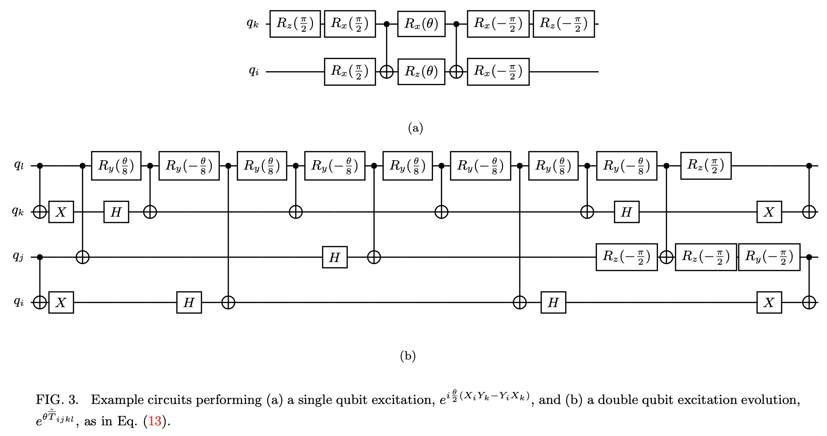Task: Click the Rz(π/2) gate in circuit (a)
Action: pos(295,24)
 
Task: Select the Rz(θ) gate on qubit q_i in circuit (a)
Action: pos(421,72)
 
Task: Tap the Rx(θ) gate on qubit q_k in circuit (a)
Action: pos(421,24)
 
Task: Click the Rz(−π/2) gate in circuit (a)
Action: pos(563,24)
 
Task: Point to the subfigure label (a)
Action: pos(416,128)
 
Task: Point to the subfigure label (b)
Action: pos(408,356)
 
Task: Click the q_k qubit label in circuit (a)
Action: pos(253,23)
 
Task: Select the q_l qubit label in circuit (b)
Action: pos(19,165)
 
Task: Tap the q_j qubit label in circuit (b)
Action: pos(18,256)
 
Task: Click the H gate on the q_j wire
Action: pos(335,257)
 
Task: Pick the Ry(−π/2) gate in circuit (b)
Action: pos(769,257)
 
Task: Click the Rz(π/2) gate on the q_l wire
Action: pos(706,166)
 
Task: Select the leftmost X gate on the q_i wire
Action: pos(61,302)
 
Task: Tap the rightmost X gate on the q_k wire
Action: pos(769,212)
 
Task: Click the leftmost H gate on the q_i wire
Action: pos(189,302)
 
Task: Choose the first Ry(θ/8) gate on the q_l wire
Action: pos(116,166)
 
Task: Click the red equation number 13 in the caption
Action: pos(155,421)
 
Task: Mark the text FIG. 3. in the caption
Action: pos(57,400)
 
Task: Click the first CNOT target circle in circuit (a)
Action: pos(386,72)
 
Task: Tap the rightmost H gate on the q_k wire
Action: pos(627,212)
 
